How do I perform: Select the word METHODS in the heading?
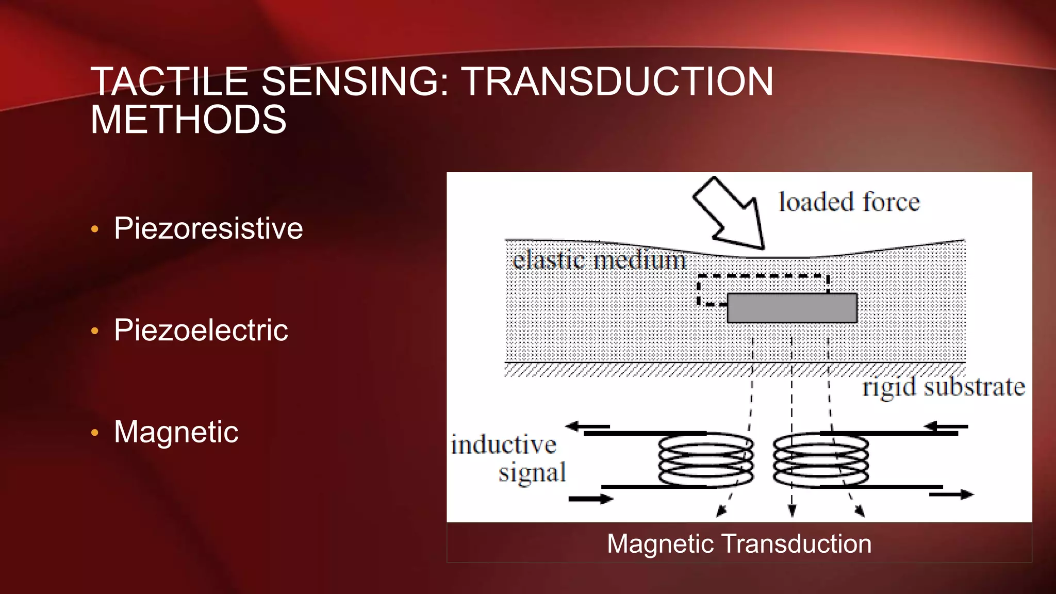(x=188, y=120)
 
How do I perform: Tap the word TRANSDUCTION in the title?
(x=617, y=81)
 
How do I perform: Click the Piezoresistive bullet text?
(x=208, y=228)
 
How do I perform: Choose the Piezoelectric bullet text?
(x=201, y=330)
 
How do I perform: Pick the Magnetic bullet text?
(x=176, y=432)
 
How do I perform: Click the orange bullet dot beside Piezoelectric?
(x=94, y=331)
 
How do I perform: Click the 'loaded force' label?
(x=849, y=202)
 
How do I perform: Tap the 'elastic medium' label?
(x=599, y=259)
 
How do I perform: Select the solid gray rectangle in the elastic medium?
(x=791, y=308)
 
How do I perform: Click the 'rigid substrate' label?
(x=943, y=387)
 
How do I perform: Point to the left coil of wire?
(x=706, y=460)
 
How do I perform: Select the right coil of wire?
(x=820, y=460)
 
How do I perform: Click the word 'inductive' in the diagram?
(x=503, y=444)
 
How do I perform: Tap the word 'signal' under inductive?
(x=532, y=472)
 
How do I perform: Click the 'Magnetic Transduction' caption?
(x=739, y=543)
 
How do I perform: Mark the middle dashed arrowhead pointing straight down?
(x=792, y=510)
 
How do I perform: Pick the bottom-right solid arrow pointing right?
(x=951, y=494)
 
